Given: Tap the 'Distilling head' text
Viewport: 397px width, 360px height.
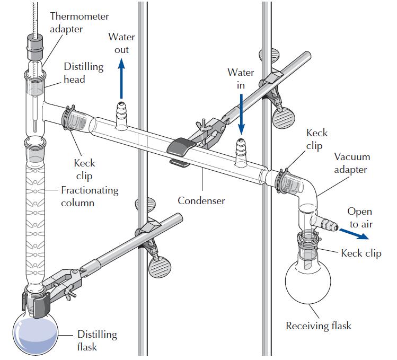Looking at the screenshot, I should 83,73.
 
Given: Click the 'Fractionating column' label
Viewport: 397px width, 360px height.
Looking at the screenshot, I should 90,196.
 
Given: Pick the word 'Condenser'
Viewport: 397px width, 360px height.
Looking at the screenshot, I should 201,200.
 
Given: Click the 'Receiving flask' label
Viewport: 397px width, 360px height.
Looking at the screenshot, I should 318,326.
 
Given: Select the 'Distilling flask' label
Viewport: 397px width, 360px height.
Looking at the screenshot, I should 97,340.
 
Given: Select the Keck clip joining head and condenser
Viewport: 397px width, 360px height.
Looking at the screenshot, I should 68,118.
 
